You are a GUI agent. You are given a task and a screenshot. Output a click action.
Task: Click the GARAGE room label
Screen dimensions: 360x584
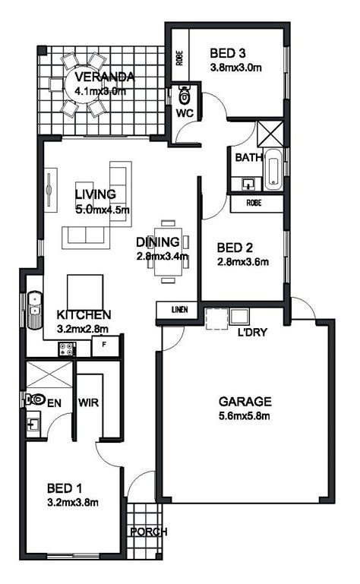point(245,402)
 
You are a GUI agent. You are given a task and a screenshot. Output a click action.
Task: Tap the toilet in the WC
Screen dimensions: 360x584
point(184,95)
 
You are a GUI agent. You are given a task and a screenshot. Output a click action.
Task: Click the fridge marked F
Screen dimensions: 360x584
point(105,346)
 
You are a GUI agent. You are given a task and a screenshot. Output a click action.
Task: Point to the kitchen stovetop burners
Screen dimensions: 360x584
point(67,349)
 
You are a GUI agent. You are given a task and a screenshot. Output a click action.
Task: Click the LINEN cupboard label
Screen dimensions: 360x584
point(180,310)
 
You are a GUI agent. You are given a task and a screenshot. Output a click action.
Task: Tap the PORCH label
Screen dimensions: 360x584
point(149,532)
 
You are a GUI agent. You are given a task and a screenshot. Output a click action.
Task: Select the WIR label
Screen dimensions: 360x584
point(88,402)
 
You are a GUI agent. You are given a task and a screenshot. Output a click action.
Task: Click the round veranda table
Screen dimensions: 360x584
point(81,85)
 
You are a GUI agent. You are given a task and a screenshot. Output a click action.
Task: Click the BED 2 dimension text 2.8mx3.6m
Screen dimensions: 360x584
point(242,262)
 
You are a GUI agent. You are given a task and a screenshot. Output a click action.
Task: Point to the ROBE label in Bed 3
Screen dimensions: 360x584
point(180,58)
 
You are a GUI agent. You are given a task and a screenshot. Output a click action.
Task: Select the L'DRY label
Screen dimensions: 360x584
point(252,332)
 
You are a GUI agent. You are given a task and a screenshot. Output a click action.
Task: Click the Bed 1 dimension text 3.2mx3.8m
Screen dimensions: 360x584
point(73,503)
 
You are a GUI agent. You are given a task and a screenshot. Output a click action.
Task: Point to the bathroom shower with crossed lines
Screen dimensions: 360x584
point(270,134)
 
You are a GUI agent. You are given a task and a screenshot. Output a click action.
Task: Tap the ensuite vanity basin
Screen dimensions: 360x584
point(33,425)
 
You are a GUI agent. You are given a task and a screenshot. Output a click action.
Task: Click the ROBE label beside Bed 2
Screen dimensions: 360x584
point(254,203)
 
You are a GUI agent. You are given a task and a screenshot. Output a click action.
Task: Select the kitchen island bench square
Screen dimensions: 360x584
point(85,292)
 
